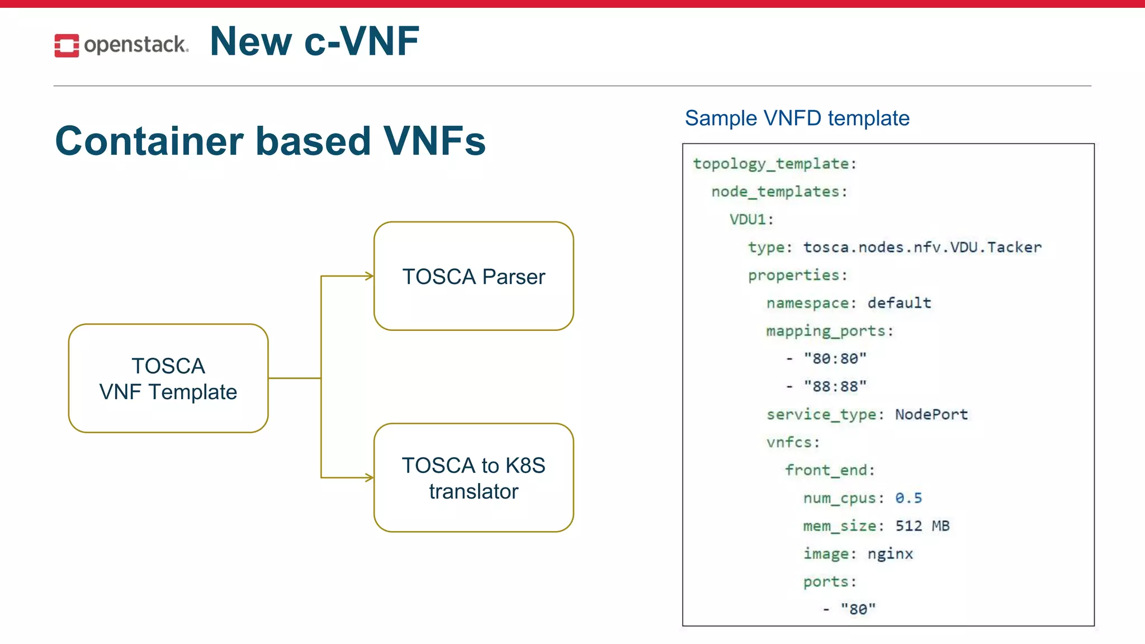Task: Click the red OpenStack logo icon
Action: (x=67, y=45)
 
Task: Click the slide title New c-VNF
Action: (x=314, y=41)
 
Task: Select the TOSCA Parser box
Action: (x=474, y=276)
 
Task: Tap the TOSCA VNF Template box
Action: (x=168, y=378)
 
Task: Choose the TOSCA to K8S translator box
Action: (x=474, y=478)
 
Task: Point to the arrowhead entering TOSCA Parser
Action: (x=370, y=276)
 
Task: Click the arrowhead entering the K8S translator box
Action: (x=370, y=477)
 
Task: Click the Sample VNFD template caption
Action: (x=797, y=119)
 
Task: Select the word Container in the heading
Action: (x=150, y=141)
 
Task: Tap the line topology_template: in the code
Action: (x=774, y=164)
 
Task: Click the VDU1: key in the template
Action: (x=751, y=219)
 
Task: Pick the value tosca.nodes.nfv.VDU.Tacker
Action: (x=922, y=247)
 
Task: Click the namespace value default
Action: (x=899, y=303)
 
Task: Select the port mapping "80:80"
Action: (x=835, y=358)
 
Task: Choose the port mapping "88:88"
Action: (x=835, y=386)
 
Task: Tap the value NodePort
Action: (x=931, y=414)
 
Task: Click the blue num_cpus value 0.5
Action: (x=908, y=498)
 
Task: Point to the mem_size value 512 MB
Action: (x=922, y=526)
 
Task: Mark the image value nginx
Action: (x=890, y=554)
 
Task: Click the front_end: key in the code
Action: (x=830, y=470)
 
